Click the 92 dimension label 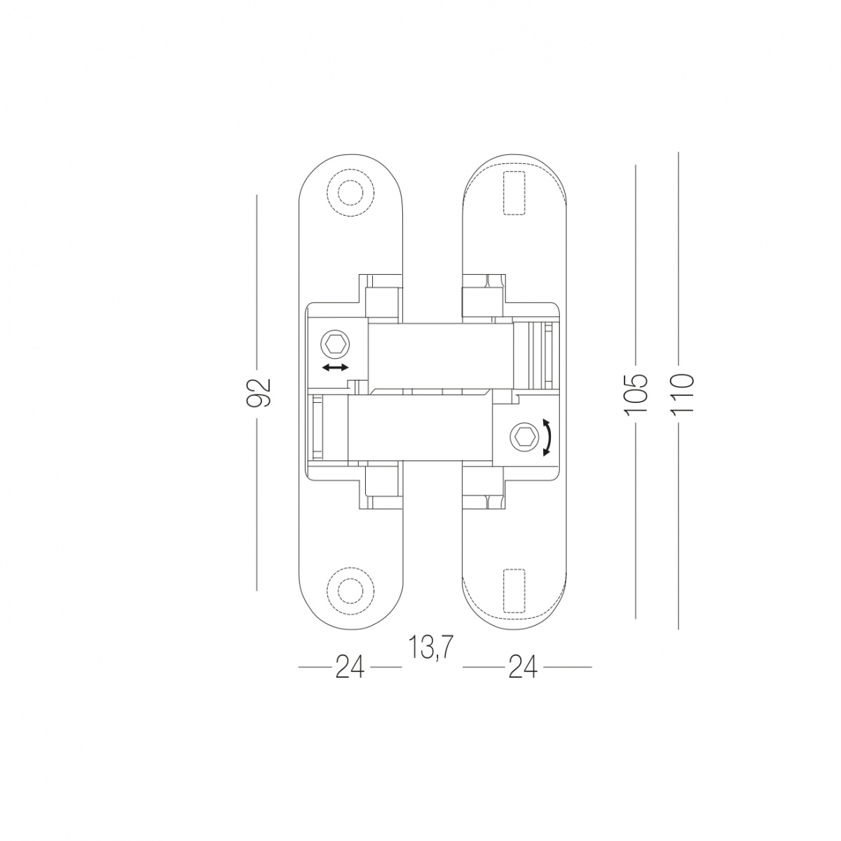259,392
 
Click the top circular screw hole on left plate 351,193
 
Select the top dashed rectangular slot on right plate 514,193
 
